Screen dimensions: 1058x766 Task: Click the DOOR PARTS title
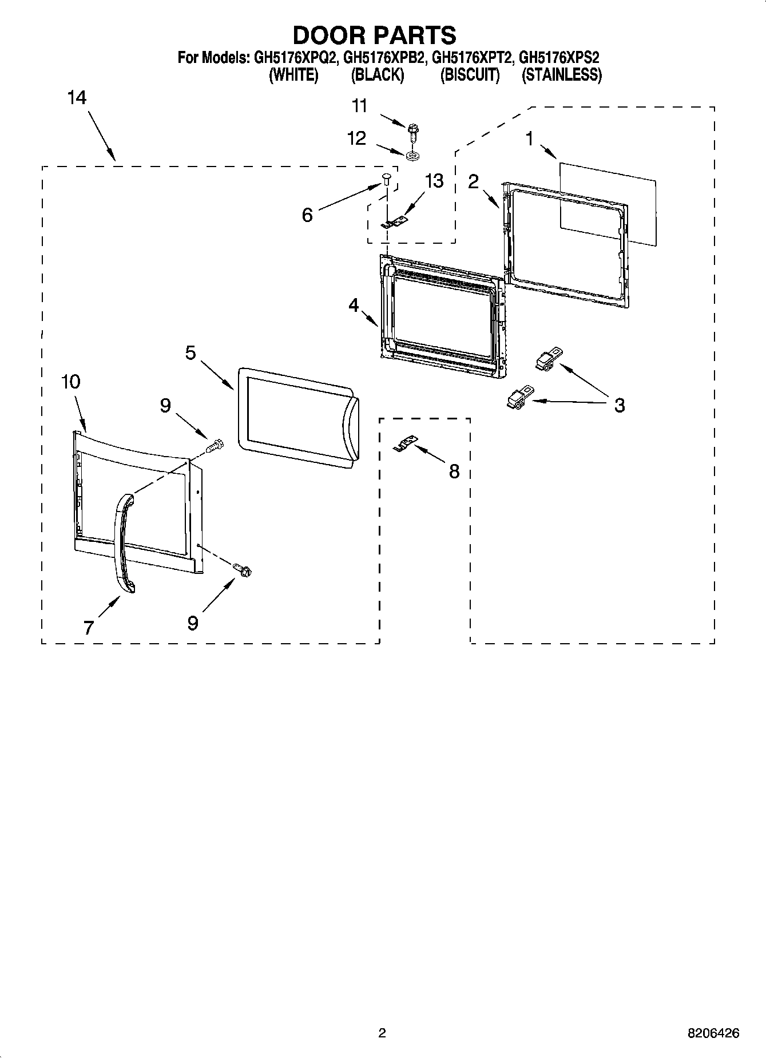tap(375, 35)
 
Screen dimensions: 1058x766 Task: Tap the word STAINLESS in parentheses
tap(561, 75)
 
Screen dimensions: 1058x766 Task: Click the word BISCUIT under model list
tap(470, 75)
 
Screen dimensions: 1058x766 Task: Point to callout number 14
tap(77, 98)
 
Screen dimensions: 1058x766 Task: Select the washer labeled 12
tap(412, 155)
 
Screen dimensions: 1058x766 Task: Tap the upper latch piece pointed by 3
tap(547, 360)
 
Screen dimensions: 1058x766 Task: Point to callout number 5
tap(190, 353)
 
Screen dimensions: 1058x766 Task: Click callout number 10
tap(71, 382)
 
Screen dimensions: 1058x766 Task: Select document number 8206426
tap(713, 1033)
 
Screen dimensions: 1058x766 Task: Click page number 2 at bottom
tap(382, 1033)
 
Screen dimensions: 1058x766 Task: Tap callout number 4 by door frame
tap(354, 306)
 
